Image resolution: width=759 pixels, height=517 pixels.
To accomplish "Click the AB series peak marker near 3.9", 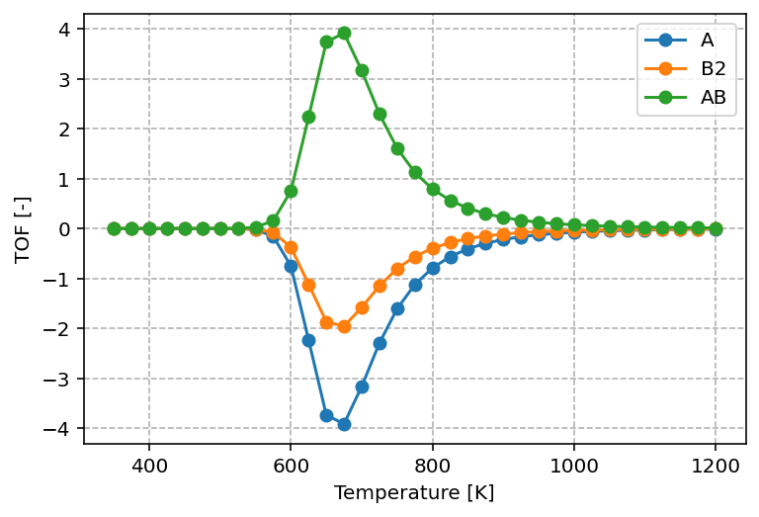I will pos(344,33).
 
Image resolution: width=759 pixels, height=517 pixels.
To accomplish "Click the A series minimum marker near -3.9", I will pos(344,424).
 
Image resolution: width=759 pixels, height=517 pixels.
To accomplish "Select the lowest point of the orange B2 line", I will pos(344,326).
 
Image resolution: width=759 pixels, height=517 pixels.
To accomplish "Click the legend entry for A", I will pos(707,41).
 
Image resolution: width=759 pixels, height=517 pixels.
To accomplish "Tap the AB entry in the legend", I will pos(712,97).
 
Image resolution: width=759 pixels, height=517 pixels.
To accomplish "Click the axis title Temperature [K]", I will pos(414,492).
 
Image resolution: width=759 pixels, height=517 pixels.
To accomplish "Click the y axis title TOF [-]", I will pos(23,228).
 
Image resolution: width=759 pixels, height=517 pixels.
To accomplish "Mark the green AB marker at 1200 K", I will pos(716,228).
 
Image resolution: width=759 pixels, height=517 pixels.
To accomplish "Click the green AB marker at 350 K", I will pos(114,228).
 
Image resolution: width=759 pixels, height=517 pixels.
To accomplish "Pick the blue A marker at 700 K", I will pos(362,387).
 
